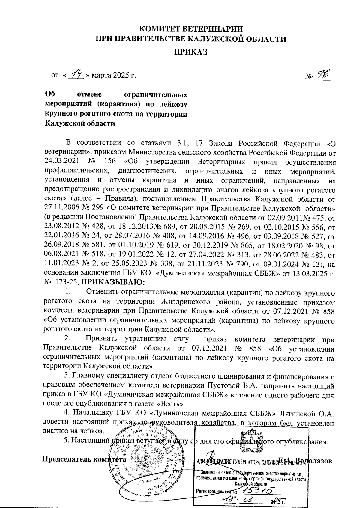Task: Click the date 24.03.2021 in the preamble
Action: pyautogui.click(x=61, y=161)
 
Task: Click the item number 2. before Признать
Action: pyautogui.click(x=67, y=339)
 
